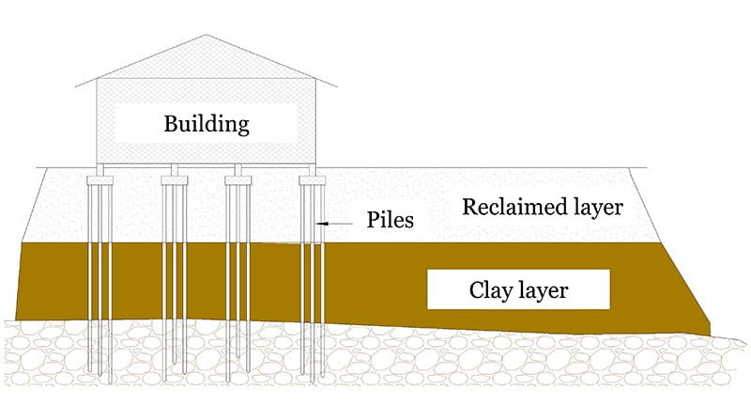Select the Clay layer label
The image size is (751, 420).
click(x=518, y=289)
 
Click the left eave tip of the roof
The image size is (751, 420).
click(x=75, y=87)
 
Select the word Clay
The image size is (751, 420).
click(x=490, y=289)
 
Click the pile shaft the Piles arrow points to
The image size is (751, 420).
click(x=320, y=224)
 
